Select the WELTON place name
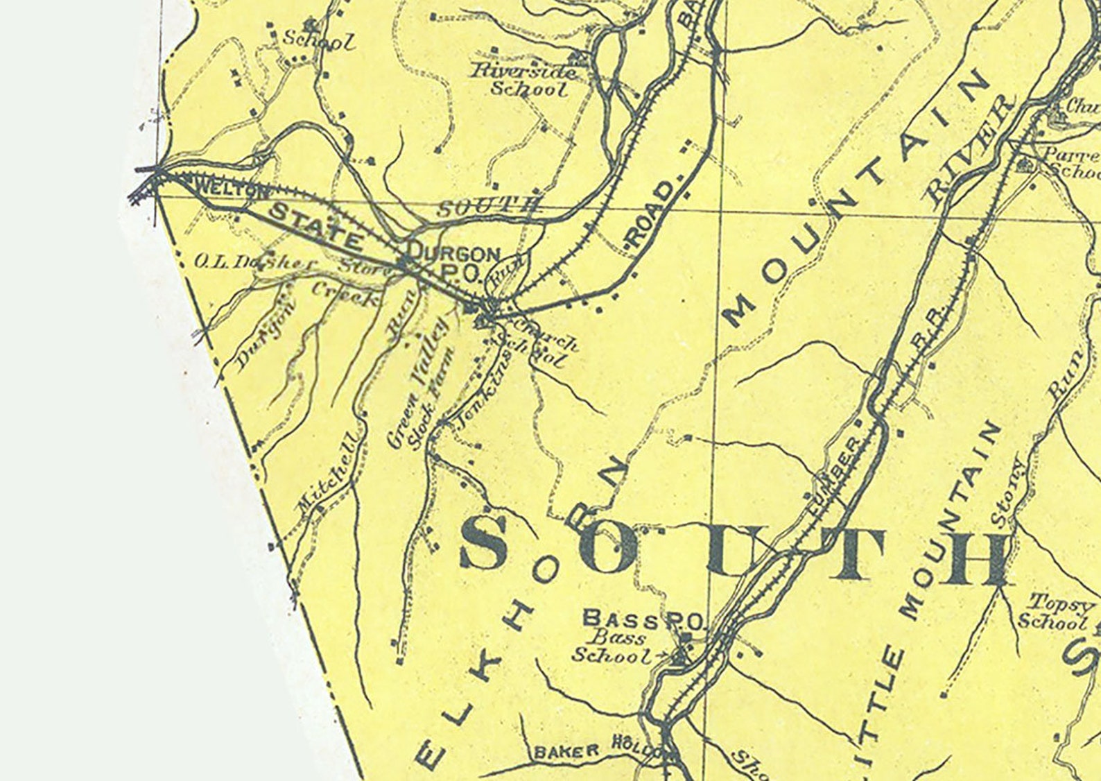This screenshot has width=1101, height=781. (223, 190)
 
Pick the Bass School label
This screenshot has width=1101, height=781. (610, 647)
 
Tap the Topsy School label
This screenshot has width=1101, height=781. (1053, 612)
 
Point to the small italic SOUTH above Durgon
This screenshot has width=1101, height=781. (488, 206)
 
